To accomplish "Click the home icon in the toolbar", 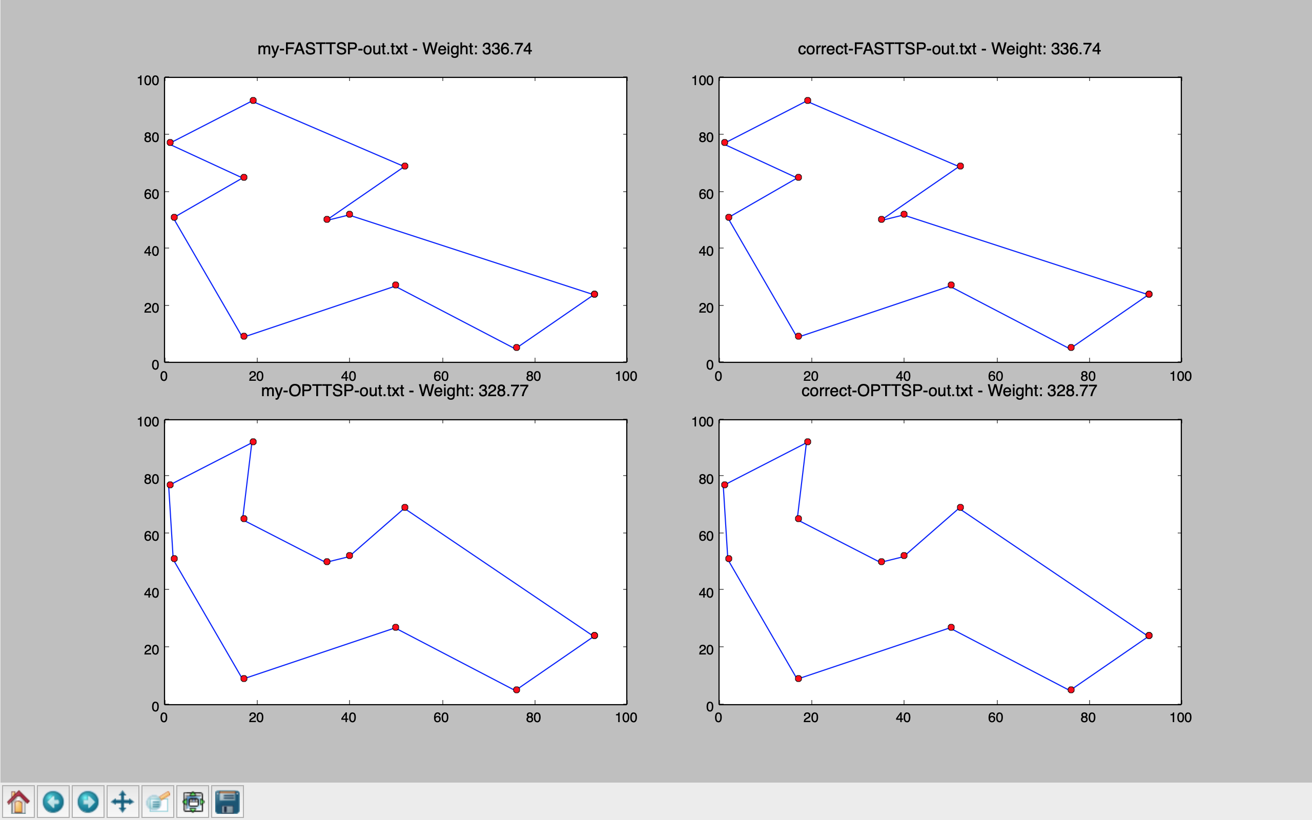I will (18, 801).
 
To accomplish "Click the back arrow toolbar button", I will (53, 801).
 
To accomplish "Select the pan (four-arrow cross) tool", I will (122, 801).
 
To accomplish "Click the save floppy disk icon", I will (227, 801).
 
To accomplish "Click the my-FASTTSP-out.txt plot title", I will (332, 49).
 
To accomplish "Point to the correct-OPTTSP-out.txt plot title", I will (887, 391).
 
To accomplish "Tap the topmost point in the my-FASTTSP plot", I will (253, 101).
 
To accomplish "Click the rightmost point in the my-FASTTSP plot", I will (594, 294).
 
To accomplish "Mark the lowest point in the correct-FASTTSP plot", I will (1071, 347).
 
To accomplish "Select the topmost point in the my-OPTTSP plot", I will (253, 442).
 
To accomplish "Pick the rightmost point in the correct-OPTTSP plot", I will (1149, 635).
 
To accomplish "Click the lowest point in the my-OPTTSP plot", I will (516, 690).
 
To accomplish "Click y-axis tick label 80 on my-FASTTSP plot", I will (151, 137).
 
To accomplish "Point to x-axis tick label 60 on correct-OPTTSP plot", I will (995, 717).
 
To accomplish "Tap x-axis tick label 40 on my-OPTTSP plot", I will (348, 717).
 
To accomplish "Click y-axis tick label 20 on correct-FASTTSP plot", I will (706, 307).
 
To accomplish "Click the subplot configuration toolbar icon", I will (193, 801).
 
